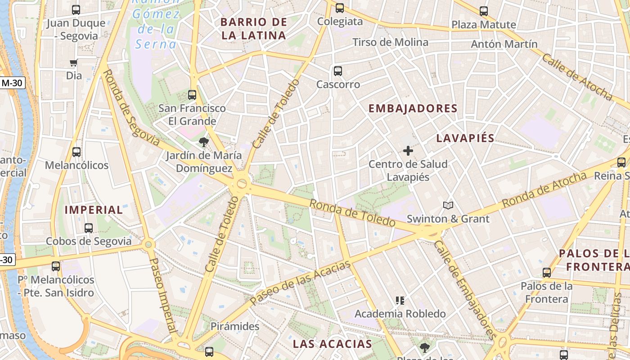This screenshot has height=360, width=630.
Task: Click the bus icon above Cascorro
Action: (x=338, y=71)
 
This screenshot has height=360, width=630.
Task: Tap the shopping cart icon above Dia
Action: (x=74, y=63)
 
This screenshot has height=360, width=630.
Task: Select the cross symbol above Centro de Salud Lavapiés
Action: (x=408, y=151)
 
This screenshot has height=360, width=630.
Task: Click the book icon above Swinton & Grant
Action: (x=448, y=206)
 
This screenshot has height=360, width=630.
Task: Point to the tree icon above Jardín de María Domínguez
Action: (x=204, y=142)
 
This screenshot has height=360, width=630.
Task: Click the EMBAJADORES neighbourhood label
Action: (x=413, y=108)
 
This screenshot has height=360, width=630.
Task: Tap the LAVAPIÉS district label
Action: (x=465, y=138)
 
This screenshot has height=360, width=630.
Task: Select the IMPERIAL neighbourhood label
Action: (x=94, y=210)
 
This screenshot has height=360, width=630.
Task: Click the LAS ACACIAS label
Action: (x=333, y=344)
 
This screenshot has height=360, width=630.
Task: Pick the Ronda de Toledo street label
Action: (x=352, y=212)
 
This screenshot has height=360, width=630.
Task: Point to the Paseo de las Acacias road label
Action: (x=300, y=283)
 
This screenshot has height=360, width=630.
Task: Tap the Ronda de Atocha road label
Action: (x=544, y=189)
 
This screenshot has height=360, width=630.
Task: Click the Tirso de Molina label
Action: (x=390, y=42)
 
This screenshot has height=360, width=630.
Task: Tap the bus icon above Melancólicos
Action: (x=76, y=152)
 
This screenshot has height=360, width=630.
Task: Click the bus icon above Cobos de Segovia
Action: (x=89, y=228)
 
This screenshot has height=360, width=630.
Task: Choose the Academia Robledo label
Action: (x=400, y=314)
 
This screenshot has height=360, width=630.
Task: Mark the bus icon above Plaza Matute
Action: (x=484, y=11)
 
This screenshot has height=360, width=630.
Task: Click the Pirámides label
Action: (x=235, y=326)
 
